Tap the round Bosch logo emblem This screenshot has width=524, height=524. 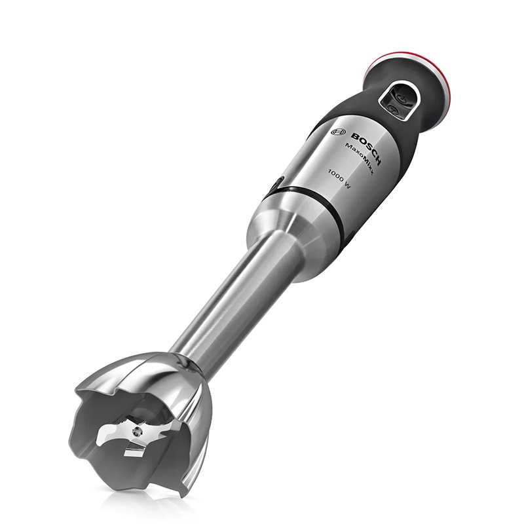tap(337, 132)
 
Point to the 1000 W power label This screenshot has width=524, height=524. tap(339, 179)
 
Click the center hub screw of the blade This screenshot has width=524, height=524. tap(136, 432)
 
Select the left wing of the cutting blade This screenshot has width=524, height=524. tap(113, 434)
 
